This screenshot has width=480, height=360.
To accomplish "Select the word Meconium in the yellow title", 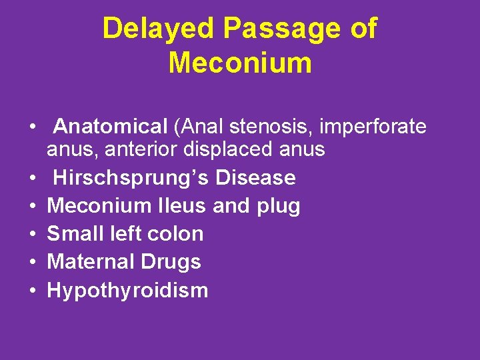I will [240, 63].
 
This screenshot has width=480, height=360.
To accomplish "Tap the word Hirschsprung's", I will [131, 178].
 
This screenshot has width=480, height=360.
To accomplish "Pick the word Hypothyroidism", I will [127, 291].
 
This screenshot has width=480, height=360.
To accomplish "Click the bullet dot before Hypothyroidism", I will [31, 291].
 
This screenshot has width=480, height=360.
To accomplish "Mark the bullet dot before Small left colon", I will [31, 235].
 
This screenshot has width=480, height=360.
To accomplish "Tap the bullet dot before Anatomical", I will [31, 126].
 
